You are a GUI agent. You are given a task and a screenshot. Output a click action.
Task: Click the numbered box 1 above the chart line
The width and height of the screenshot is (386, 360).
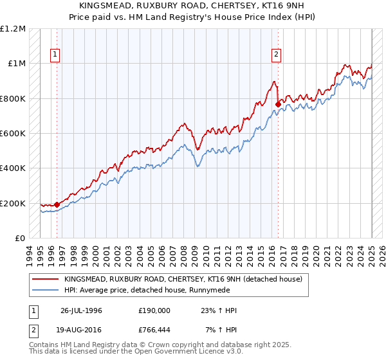[55, 55]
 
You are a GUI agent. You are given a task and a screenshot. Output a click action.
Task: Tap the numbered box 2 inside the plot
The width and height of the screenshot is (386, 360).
[276, 55]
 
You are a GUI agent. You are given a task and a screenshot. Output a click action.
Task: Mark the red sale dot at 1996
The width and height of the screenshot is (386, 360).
[57, 204]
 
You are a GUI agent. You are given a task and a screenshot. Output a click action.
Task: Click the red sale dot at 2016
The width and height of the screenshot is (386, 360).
[278, 104]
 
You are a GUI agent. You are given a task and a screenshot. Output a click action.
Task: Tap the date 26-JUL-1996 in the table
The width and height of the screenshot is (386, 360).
[81, 310]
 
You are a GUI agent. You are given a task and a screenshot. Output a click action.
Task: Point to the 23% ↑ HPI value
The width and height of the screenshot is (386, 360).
[219, 310]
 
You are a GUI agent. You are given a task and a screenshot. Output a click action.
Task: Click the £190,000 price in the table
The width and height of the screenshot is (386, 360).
[154, 310]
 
